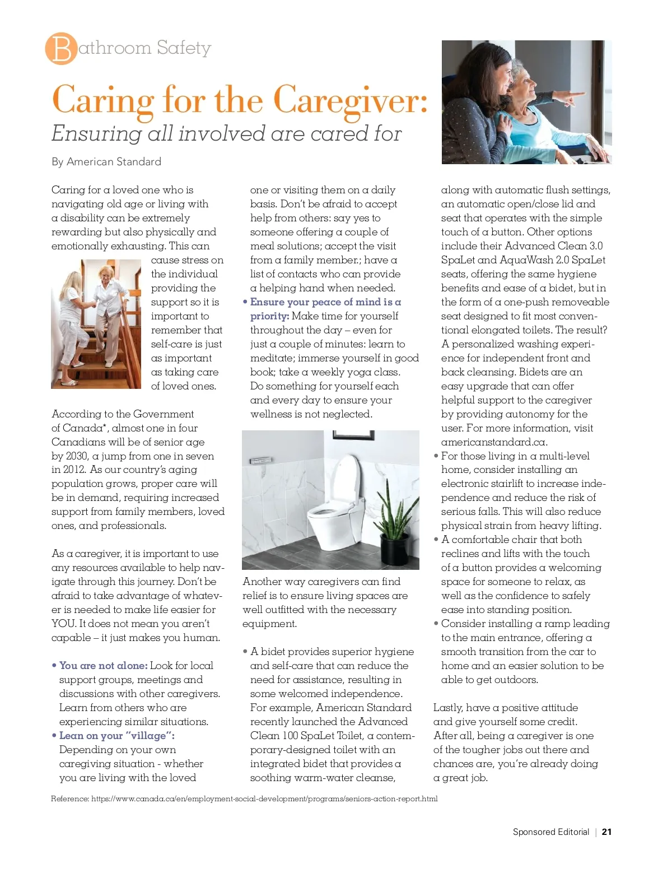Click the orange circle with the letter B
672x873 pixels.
coord(61,49)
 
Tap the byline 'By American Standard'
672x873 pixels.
coord(106,162)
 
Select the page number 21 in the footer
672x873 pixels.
coord(606,832)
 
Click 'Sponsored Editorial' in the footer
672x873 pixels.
coord(550,832)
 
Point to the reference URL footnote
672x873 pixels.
coord(244,798)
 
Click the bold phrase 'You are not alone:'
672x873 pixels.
coord(104,666)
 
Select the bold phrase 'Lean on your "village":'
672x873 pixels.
coord(116,736)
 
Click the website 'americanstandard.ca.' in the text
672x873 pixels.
coord(494,442)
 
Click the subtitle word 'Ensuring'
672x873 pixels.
coord(96,134)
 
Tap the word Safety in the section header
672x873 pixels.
coord(184,48)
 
